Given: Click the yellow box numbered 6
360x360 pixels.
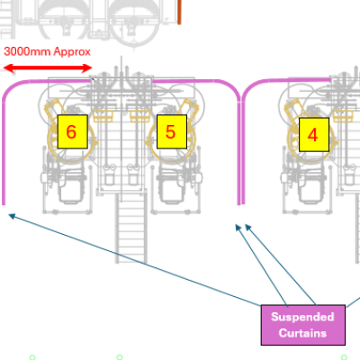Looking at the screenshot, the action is click(72, 131).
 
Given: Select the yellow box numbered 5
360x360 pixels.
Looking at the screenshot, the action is click(172, 131).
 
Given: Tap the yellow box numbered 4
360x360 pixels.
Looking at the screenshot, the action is click(314, 135).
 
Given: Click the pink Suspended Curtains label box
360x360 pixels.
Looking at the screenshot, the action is click(303, 325).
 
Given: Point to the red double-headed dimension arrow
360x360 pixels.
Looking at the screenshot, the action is click(48, 68).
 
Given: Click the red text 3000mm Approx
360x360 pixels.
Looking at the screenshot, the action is click(47, 52).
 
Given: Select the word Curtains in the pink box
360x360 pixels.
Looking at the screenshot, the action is click(302, 333).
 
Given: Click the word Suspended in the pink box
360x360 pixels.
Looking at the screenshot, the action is click(302, 317).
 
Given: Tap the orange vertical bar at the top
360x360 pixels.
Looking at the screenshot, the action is click(179, 12).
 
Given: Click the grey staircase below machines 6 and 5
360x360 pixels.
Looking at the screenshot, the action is click(131, 228).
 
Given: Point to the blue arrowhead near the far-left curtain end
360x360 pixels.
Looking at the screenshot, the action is click(12, 216).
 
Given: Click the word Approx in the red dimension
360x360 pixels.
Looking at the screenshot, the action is click(72, 52).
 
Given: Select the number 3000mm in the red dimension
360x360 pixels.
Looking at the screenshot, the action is click(28, 51).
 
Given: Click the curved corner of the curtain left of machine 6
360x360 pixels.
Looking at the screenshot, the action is click(12, 87).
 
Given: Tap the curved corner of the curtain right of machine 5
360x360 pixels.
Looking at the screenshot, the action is click(232, 87).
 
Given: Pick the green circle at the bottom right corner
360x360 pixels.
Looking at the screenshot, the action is click(344, 357).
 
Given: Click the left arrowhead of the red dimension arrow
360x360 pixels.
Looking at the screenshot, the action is click(7, 68).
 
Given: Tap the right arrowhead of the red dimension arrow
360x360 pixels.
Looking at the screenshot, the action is click(87, 68).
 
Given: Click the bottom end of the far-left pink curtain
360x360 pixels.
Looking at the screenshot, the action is click(4, 204).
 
